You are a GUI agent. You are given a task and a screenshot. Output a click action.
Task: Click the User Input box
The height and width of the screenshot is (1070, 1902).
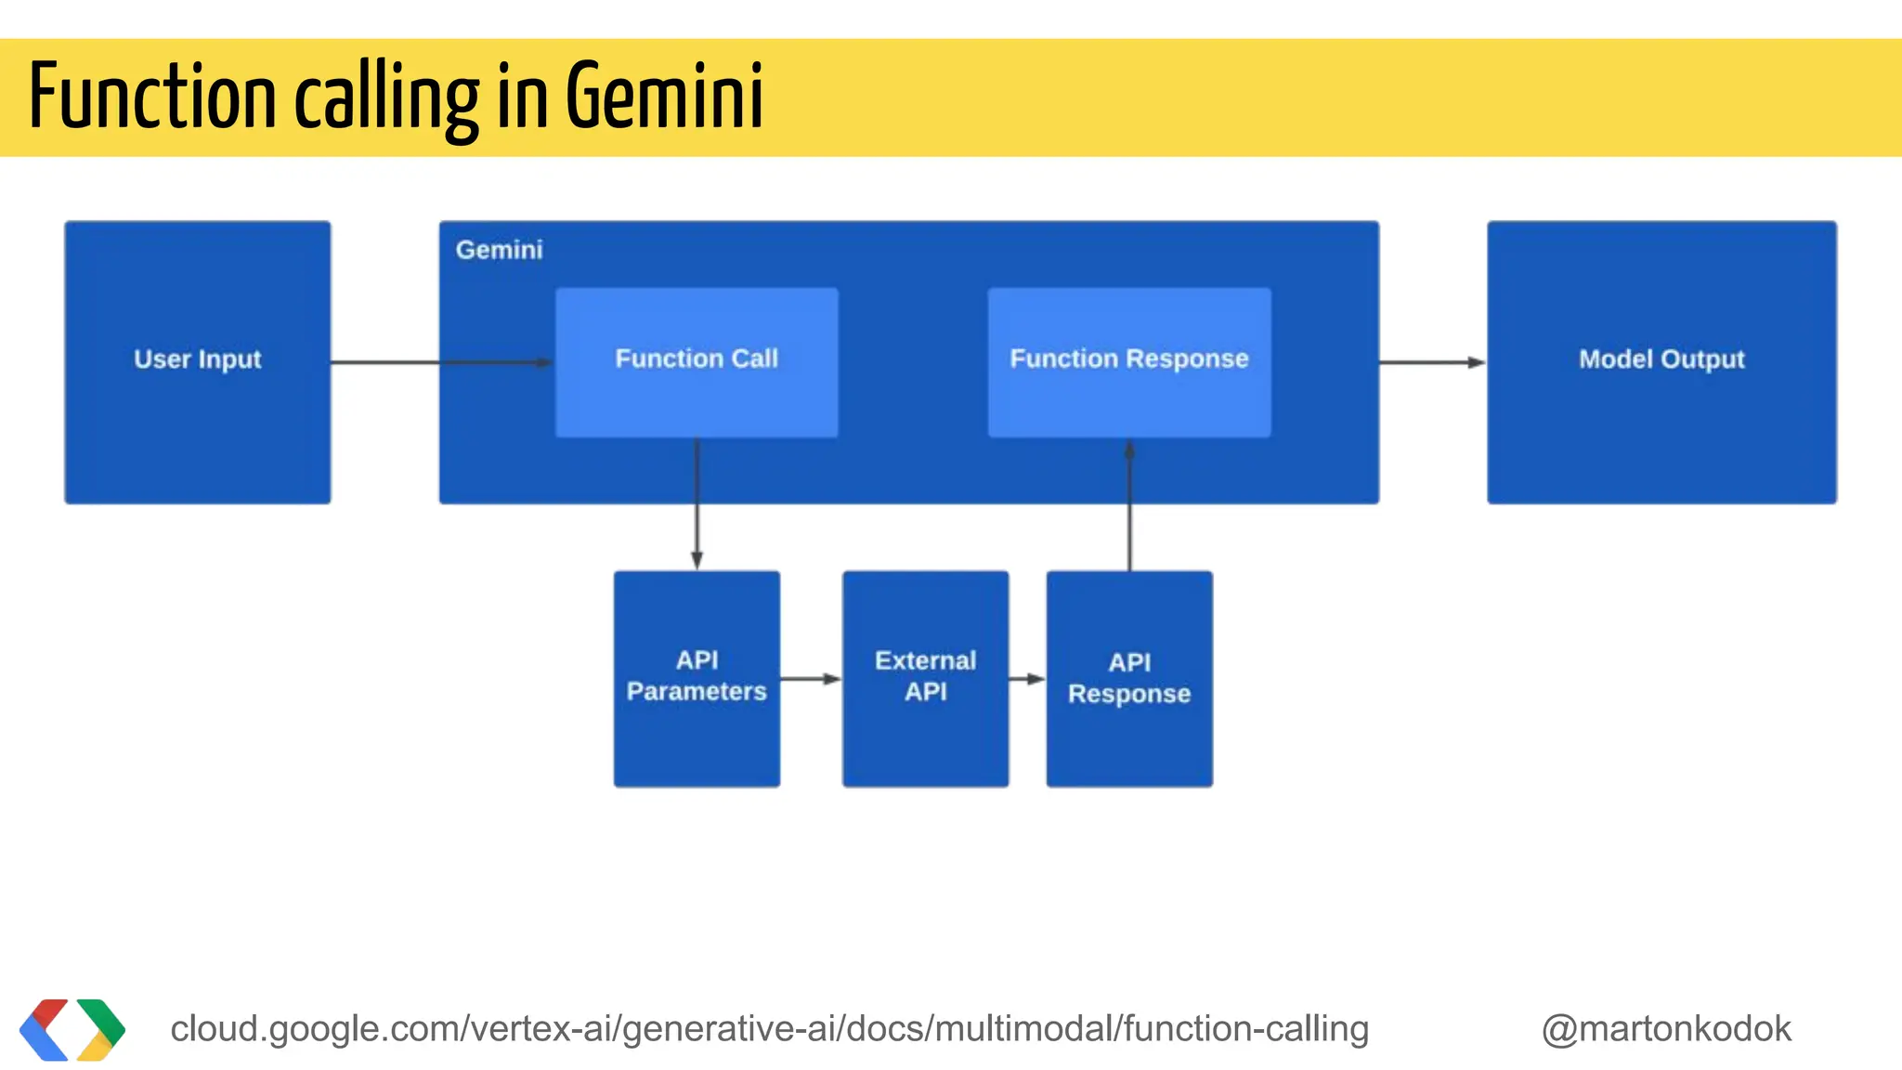click(197, 362)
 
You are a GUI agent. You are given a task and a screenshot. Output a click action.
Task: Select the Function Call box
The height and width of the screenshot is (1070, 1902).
click(697, 362)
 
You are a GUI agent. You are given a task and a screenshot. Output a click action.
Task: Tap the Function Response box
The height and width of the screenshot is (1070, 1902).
click(1129, 362)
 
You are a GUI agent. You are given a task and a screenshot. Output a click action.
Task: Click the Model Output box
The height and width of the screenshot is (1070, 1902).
click(1661, 362)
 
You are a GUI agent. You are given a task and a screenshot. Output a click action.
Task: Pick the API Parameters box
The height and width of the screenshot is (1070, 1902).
click(697, 678)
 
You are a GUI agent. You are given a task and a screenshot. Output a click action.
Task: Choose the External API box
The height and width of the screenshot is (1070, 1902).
click(925, 678)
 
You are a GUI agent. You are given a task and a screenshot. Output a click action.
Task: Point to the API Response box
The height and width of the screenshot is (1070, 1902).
click(1129, 678)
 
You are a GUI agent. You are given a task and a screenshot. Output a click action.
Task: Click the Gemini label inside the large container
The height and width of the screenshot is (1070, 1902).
click(499, 250)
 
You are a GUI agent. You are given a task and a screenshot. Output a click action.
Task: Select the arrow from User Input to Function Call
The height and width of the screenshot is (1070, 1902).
click(441, 362)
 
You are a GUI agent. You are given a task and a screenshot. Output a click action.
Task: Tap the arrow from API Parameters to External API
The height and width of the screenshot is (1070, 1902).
click(811, 679)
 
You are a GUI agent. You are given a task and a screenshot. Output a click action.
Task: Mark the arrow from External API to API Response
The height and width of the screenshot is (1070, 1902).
click(1027, 679)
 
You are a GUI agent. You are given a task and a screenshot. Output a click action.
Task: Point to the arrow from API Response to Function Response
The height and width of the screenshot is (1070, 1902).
click(1129, 506)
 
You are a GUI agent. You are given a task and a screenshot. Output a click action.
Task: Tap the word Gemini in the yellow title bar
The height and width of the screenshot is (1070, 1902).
click(664, 97)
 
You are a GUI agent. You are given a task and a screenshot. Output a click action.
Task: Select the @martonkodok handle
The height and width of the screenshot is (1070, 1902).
click(1666, 1029)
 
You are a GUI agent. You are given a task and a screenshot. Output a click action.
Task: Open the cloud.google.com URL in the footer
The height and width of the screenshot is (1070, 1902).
click(769, 1029)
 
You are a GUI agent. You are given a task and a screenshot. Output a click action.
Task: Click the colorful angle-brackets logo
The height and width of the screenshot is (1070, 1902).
click(72, 1029)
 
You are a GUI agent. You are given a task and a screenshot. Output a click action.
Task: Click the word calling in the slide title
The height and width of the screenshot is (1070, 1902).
click(386, 97)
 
